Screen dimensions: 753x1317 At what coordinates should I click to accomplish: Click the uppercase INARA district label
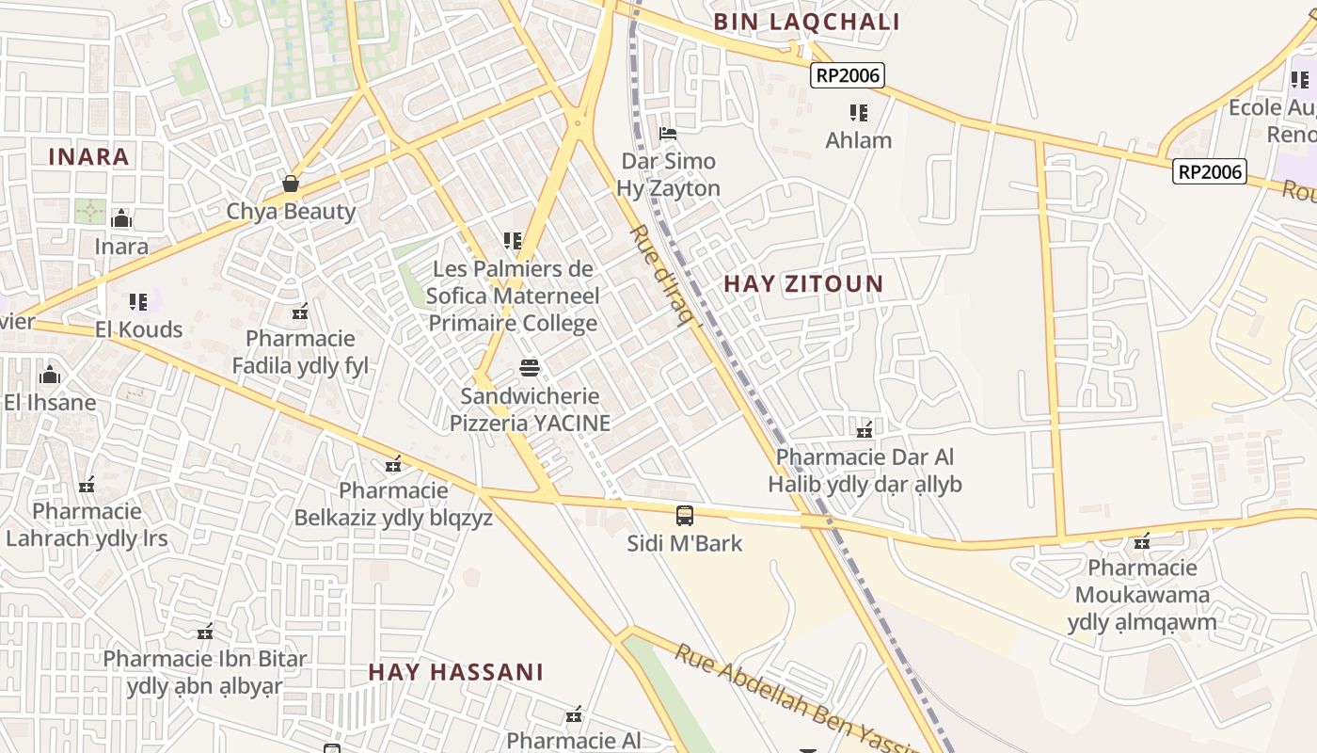pyautogui.click(x=88, y=156)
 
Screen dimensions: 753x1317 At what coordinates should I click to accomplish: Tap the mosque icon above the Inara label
pyautogui.click(x=121, y=219)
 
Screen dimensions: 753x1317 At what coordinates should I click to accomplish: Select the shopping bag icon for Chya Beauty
pyautogui.click(x=291, y=183)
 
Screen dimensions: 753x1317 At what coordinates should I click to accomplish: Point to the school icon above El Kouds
pyautogui.click(x=138, y=302)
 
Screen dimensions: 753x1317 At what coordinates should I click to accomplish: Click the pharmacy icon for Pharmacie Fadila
pyautogui.click(x=300, y=312)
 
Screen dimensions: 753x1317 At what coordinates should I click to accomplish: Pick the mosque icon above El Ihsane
pyautogui.click(x=50, y=376)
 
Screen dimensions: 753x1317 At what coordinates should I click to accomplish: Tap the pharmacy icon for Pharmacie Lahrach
pyautogui.click(x=87, y=486)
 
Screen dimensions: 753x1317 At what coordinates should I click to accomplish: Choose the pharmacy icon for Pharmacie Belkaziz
pyautogui.click(x=393, y=464)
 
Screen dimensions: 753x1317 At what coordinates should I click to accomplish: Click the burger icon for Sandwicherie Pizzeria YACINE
pyautogui.click(x=530, y=368)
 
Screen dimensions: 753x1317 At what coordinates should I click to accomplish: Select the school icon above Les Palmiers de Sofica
pyautogui.click(x=513, y=241)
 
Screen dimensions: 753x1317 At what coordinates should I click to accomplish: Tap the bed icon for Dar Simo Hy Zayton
pyautogui.click(x=668, y=134)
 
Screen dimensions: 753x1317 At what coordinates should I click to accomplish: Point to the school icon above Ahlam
pyautogui.click(x=858, y=113)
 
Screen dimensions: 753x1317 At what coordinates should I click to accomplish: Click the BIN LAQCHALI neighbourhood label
pyautogui.click(x=806, y=22)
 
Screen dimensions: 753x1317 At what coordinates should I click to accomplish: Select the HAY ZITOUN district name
pyautogui.click(x=803, y=283)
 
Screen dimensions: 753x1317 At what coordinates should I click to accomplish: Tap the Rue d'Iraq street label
pyautogui.click(x=666, y=276)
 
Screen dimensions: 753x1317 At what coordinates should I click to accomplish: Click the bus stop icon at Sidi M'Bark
pyautogui.click(x=685, y=516)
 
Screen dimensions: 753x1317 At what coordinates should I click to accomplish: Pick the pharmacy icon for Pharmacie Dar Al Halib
pyautogui.click(x=865, y=430)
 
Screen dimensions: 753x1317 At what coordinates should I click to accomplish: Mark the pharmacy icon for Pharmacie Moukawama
pyautogui.click(x=1142, y=541)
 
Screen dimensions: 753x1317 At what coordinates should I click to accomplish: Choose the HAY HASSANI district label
pyautogui.click(x=455, y=672)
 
